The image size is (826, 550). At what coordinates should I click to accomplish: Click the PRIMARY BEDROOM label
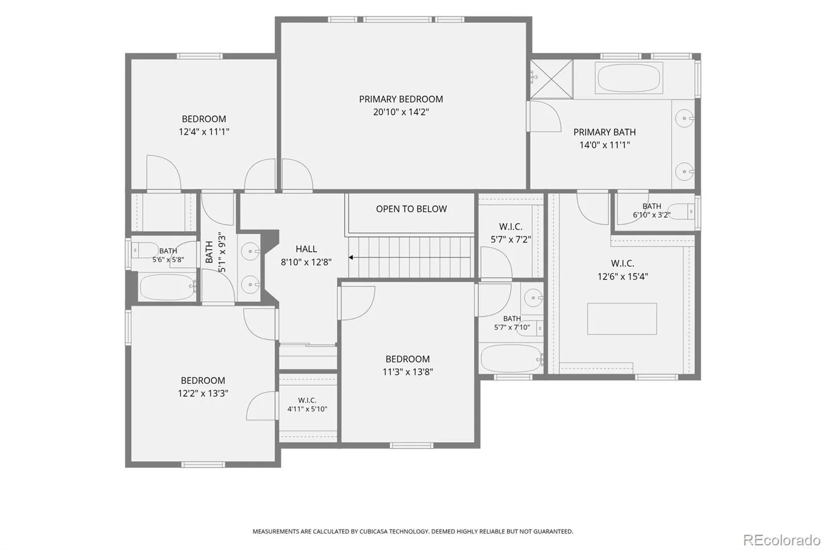[x=401, y=99]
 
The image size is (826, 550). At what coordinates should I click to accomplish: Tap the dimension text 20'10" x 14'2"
[x=401, y=111]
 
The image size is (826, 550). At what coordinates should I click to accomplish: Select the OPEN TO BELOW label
[x=411, y=208]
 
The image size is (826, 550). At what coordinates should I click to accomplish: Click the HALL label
[x=306, y=249]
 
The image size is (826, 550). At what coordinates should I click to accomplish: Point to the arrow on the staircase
[x=409, y=257]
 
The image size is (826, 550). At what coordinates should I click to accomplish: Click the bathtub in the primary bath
[x=629, y=78]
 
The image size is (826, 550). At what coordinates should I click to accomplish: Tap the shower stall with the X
[x=551, y=79]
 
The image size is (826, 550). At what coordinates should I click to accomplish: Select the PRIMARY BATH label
[x=605, y=132]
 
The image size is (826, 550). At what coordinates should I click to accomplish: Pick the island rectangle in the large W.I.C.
[x=622, y=319]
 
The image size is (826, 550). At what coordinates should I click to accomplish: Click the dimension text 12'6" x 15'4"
[x=623, y=276]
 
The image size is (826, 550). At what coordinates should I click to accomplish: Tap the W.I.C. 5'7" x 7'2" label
[x=511, y=233]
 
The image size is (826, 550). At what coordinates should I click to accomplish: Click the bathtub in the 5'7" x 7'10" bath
[x=512, y=358]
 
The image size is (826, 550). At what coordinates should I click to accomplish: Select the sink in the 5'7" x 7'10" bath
[x=533, y=298]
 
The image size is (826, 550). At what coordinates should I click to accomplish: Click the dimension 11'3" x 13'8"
[x=407, y=371]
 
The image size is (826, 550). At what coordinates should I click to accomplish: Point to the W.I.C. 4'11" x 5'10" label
[x=307, y=405]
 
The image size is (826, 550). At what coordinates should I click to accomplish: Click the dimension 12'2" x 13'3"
[x=203, y=393]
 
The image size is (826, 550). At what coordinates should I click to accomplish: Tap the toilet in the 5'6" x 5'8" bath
[x=145, y=250]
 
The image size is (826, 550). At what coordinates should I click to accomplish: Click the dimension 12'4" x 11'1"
[x=204, y=132]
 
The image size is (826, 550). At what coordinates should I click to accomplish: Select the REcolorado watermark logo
[x=782, y=540]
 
